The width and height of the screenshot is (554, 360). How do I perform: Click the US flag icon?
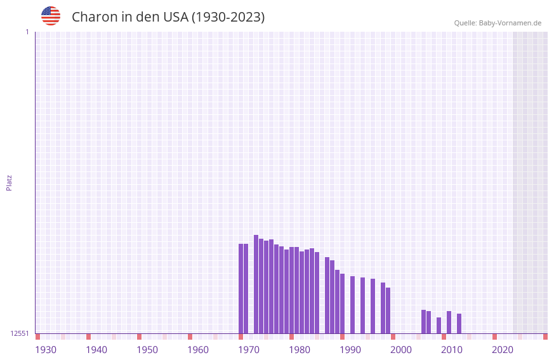(51, 16)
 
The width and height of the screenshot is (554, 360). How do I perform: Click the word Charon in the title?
(93, 17)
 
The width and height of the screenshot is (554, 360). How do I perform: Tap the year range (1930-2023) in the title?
(228, 17)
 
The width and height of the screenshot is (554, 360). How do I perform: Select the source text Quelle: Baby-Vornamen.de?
(498, 23)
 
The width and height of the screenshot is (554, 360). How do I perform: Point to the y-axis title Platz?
(9, 182)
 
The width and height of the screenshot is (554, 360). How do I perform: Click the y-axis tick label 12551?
(20, 333)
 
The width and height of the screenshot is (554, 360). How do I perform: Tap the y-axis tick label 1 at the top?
(27, 32)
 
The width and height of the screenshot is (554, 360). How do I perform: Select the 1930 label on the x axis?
(46, 350)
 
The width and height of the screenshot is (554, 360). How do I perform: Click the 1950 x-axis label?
(147, 350)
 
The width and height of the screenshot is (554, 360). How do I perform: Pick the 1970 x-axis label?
(249, 350)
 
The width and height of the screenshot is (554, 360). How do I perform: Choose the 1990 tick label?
(350, 350)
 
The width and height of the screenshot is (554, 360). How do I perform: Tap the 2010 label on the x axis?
(452, 350)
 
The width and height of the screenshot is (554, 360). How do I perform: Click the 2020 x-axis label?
(503, 350)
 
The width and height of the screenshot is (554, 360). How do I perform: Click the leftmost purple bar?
(241, 288)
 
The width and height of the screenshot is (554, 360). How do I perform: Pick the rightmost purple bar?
(459, 323)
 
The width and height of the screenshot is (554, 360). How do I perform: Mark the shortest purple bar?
(439, 325)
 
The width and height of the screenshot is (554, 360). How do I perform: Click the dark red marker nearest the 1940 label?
(88, 337)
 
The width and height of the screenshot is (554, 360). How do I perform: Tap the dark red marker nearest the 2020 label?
(494, 337)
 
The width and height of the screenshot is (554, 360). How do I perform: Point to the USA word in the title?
(175, 17)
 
